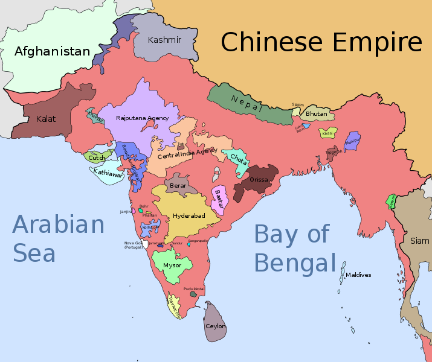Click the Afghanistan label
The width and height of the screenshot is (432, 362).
pyautogui.click(x=52, y=51)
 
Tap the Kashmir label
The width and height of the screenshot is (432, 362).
pyautogui.click(x=164, y=40)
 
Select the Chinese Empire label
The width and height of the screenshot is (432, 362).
pyautogui.click(x=321, y=43)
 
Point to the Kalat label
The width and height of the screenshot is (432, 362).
pyautogui.click(x=45, y=119)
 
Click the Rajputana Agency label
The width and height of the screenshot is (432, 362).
pyautogui.click(x=142, y=118)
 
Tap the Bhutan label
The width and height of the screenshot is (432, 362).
pyautogui.click(x=316, y=113)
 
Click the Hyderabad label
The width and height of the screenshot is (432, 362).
pyautogui.click(x=189, y=215)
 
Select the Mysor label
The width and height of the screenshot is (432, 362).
pyautogui.click(x=172, y=265)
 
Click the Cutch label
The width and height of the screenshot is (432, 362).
pyautogui.click(x=96, y=158)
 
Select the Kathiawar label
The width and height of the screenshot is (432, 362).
pyautogui.click(x=108, y=174)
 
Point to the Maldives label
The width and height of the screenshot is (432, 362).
pyautogui.click(x=358, y=275)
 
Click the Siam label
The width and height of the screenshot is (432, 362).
pyautogui.click(x=420, y=241)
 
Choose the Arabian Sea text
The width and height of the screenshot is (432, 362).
pyautogui.click(x=58, y=239)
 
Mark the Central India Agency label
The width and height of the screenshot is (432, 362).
pyautogui.click(x=187, y=153)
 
